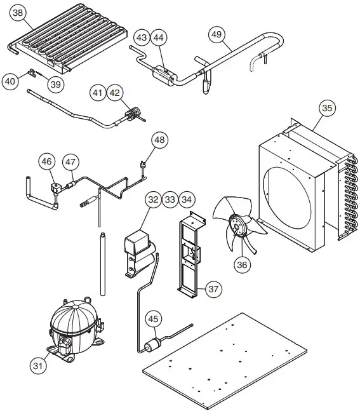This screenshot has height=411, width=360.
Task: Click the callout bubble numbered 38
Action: click(x=18, y=13)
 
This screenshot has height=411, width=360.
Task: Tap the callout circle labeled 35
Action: click(x=326, y=109)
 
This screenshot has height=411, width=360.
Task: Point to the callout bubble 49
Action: click(x=217, y=34)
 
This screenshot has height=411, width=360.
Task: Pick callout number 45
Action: click(x=153, y=319)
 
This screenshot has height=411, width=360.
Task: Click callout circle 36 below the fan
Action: click(x=241, y=265)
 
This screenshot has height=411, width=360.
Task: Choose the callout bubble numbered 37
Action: click(x=213, y=289)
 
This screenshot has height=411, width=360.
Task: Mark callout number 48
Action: click(x=159, y=140)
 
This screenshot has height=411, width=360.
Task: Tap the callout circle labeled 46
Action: click(x=46, y=163)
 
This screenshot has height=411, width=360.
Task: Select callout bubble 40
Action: click(x=10, y=81)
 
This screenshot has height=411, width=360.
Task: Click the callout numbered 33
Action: click(x=170, y=199)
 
